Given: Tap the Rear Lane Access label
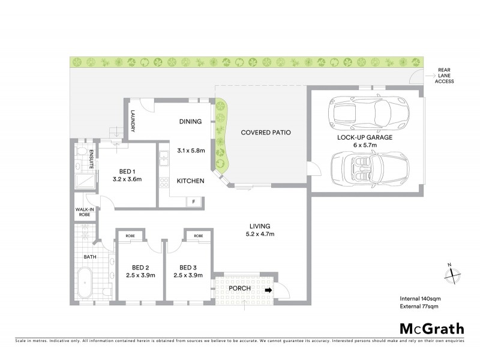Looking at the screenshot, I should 445,75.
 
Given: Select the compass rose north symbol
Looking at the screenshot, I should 451,274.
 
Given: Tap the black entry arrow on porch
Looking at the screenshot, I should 268,289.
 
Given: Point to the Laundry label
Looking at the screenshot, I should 133,123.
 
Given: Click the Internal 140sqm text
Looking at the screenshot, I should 421,298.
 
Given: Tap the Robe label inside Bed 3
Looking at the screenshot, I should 198,236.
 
